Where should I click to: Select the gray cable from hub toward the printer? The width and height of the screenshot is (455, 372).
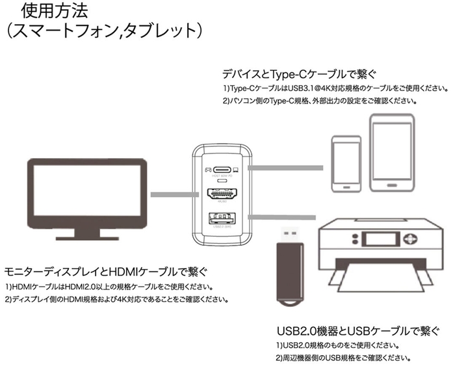click(286, 217)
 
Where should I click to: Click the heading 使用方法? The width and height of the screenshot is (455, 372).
click(56, 10)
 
